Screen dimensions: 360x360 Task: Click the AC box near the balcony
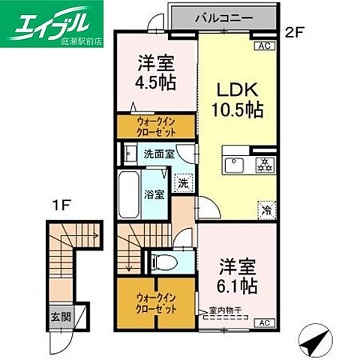[x=263, y=45]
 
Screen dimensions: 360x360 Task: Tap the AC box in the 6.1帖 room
[x=263, y=322]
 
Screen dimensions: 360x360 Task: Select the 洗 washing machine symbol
[x=182, y=182]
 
